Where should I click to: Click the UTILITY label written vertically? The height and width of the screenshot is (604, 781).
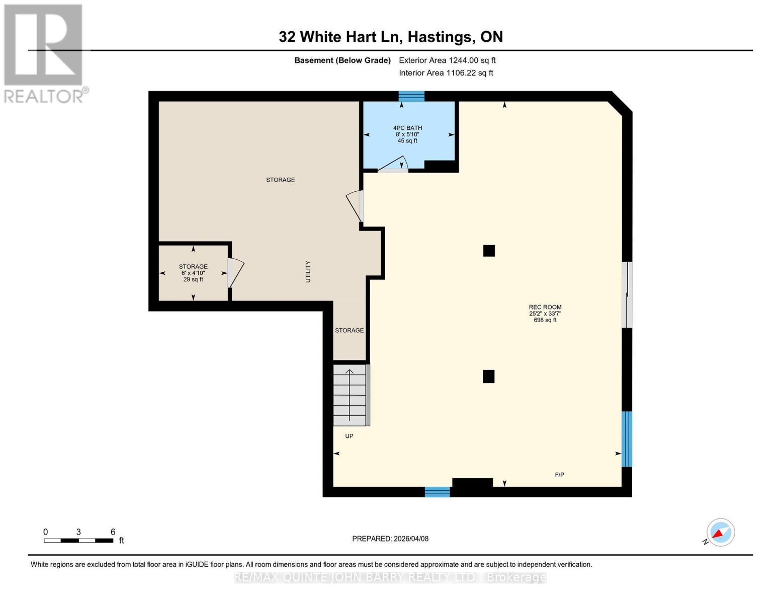point(308,271)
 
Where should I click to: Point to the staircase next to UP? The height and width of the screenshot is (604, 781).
point(350,395)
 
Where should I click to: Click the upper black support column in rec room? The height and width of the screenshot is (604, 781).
point(489,251)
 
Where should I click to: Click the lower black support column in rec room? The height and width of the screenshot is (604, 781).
point(488,376)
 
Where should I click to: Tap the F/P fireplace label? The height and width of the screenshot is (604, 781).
point(559,475)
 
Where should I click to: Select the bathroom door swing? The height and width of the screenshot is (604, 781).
point(394,165)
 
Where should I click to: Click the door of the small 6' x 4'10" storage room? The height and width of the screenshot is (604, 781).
point(235,273)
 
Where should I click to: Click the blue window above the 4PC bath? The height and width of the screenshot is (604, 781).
point(411,96)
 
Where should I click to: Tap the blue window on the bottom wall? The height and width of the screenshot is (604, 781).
point(437,492)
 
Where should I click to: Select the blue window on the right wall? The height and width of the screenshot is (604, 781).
point(627,439)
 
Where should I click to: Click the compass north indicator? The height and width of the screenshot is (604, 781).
point(720,533)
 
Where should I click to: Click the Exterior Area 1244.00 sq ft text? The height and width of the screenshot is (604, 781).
point(447,60)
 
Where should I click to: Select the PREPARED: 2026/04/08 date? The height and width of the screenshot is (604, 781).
point(390,539)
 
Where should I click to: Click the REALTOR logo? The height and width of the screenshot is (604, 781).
point(44,53)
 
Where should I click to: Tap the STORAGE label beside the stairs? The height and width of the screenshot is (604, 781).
point(349,330)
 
